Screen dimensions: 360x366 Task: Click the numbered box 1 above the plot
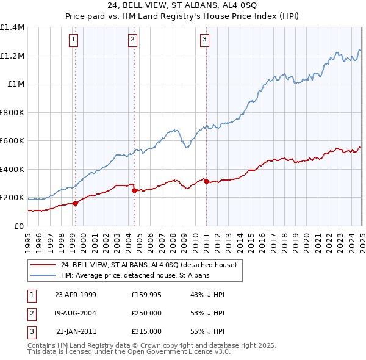tap(73, 40)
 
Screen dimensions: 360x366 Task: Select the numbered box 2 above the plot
tap(132, 40)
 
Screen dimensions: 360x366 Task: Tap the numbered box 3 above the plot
tap(204, 40)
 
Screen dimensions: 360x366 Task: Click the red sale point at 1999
tap(76, 204)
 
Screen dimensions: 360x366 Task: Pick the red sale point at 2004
tap(135, 191)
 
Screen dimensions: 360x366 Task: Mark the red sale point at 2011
tap(206, 181)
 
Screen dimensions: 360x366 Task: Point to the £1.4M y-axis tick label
tap(12, 27)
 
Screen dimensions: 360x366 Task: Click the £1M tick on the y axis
tap(16, 84)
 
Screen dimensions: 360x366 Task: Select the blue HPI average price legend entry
tap(135, 275)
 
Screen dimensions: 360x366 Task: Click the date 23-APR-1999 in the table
tap(76, 295)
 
